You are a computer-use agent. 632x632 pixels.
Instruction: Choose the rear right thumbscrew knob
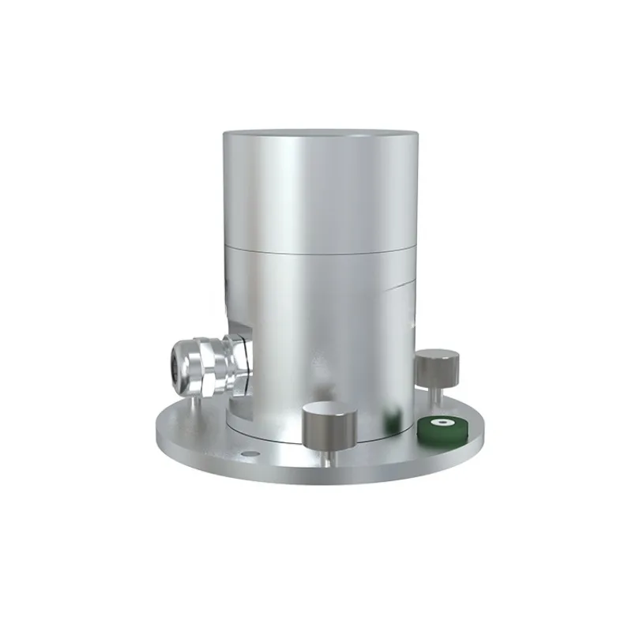pos(438,367)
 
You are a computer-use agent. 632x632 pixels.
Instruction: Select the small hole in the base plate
pos(251,453)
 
